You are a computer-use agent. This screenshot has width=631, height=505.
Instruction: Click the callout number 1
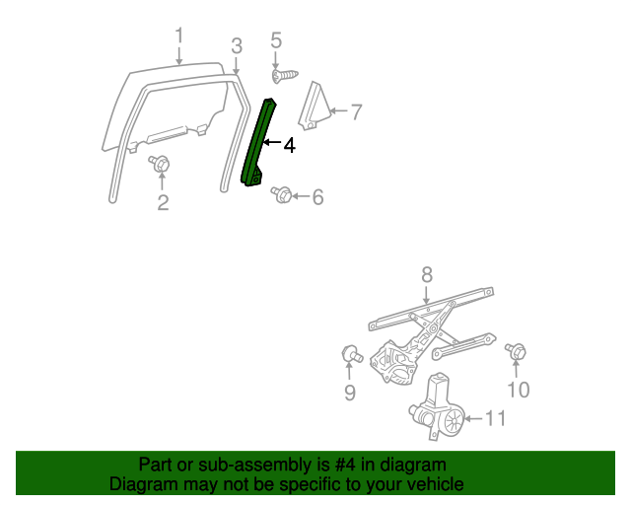179,36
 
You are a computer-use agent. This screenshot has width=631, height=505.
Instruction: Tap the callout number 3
237,46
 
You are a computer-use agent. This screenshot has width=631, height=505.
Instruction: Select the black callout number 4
289,145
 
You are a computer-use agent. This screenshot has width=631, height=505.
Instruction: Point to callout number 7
356,112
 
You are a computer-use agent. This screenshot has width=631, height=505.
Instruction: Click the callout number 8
427,274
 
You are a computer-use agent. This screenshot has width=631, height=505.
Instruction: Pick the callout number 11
495,418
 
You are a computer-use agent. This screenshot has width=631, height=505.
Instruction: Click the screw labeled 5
285,76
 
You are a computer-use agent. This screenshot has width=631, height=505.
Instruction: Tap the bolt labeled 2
160,164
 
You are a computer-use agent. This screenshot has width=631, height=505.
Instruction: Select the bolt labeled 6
282,195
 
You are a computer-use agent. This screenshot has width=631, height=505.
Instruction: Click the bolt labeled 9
352,354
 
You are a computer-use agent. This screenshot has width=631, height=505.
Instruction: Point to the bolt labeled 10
516,351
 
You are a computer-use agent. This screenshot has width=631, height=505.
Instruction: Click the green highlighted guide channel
257,143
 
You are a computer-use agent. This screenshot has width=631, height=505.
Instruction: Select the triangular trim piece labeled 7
315,107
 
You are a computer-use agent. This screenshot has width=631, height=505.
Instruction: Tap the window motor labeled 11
437,406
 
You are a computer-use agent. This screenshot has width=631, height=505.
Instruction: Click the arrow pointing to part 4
272,142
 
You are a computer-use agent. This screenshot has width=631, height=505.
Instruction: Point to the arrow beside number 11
473,419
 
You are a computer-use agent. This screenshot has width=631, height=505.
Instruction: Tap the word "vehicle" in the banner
435,484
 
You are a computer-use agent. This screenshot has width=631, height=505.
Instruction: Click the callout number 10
519,390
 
